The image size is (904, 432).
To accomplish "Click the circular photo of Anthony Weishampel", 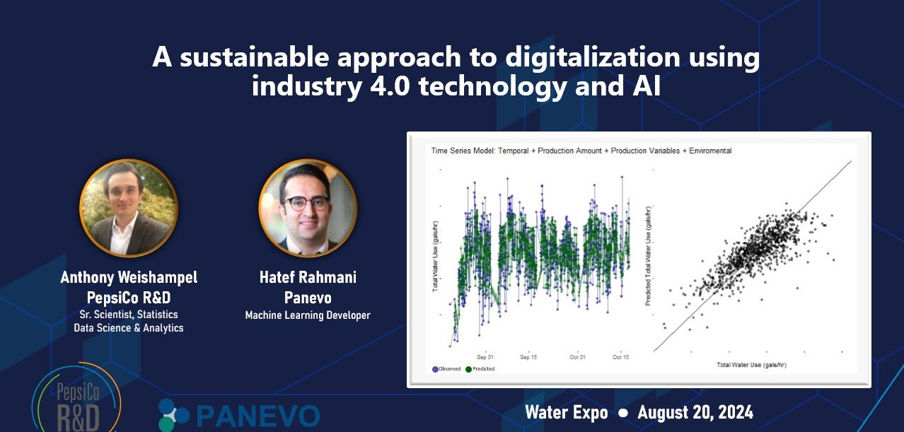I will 128,207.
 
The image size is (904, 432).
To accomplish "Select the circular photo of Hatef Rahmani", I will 308,207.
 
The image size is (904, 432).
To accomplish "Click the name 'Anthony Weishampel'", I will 129,278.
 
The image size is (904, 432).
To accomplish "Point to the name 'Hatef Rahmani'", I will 308,278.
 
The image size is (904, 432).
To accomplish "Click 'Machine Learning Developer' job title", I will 308,315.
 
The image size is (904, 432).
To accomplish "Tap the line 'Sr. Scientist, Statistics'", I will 129,314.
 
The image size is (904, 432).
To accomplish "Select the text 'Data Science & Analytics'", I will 129,327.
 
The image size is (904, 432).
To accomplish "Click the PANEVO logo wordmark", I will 257,416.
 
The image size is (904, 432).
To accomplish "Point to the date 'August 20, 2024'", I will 695,412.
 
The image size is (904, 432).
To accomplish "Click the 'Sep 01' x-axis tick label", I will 486,358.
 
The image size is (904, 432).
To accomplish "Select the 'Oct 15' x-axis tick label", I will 620,358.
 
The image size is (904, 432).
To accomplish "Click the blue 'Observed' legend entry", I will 446,369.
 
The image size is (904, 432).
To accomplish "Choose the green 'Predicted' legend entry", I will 480,369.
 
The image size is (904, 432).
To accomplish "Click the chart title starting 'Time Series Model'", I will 581,151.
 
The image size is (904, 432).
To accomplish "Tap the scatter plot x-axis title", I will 752,365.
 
